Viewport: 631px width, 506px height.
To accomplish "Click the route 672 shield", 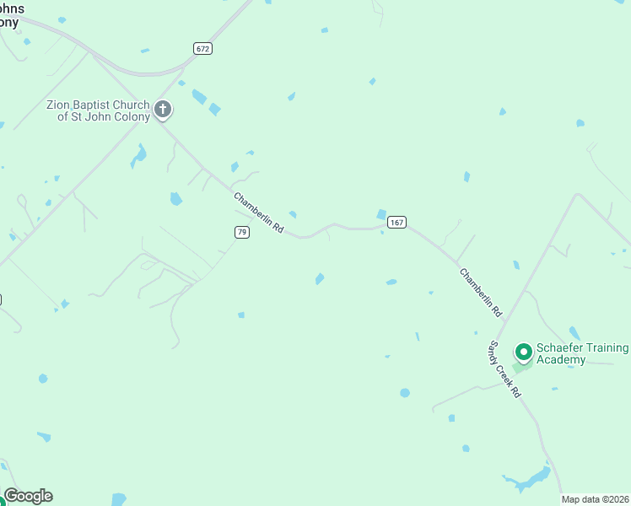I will tap(202, 48).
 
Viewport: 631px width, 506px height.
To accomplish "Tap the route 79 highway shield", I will tap(242, 232).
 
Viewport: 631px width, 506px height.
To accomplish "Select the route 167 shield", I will tap(396, 222).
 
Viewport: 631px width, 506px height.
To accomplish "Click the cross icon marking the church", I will tap(163, 109).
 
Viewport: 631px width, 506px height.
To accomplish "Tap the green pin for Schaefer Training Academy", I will tap(523, 351).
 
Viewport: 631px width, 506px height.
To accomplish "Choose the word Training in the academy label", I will tap(608, 348).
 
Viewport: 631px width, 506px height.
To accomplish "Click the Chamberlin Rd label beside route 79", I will tap(258, 213).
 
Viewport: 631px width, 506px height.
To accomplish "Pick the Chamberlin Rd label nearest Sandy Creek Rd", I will tap(481, 292).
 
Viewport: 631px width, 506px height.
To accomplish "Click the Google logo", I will tap(28, 496).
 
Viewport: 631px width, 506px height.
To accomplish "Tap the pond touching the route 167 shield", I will tap(381, 215).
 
